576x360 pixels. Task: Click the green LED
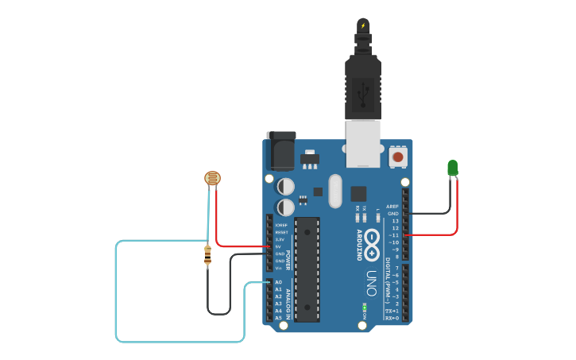452,168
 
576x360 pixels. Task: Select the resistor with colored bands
208,255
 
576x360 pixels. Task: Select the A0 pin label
278,282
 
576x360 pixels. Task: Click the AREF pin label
392,206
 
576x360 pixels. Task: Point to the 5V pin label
279,246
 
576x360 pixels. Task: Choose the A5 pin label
278,318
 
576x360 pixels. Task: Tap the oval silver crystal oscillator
334,191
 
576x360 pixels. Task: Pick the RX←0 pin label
391,318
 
